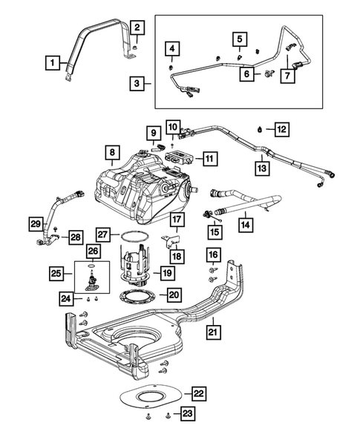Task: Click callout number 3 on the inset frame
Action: point(138,85)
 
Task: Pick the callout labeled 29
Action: point(35,224)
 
